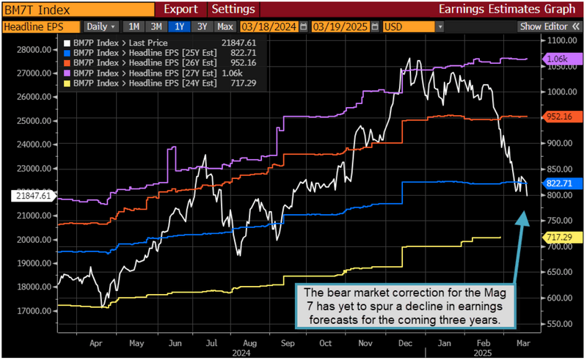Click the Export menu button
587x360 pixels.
tap(180, 10)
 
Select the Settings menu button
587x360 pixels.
tap(233, 10)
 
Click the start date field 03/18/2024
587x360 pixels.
tap(274, 26)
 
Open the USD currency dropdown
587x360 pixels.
tap(413, 26)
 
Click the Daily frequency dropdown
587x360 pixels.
tap(102, 26)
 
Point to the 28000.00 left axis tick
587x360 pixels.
tap(35, 51)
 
